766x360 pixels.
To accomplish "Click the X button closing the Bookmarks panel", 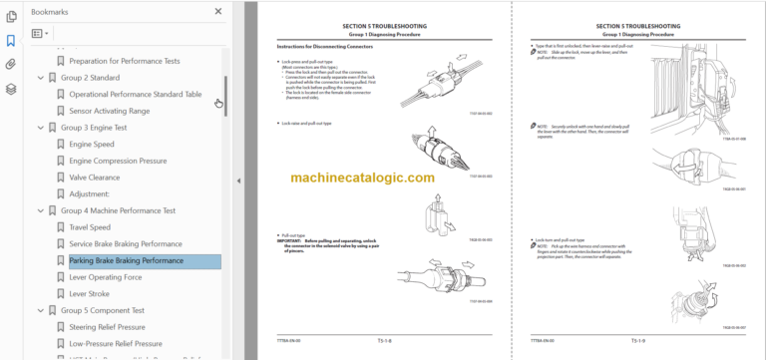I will click(x=218, y=12).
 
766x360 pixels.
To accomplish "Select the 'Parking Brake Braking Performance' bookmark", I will click(x=126, y=260).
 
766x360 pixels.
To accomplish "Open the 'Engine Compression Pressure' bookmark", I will click(x=117, y=161).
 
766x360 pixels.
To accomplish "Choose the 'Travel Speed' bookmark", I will click(x=90, y=227).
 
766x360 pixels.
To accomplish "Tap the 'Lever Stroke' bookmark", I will click(x=90, y=293).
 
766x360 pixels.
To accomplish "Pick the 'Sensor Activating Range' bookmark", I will click(x=111, y=111).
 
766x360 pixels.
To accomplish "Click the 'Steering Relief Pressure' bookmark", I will click(x=107, y=327).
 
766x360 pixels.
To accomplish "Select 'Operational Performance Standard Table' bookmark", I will click(x=135, y=94).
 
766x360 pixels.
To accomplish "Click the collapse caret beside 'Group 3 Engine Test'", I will click(x=41, y=128).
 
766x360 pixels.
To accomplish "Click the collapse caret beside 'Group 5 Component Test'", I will click(x=41, y=310).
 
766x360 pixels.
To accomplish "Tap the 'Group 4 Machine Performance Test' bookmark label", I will click(x=118, y=210).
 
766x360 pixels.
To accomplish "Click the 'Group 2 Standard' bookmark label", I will click(x=91, y=78).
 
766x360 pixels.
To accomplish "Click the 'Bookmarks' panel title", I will click(x=50, y=12).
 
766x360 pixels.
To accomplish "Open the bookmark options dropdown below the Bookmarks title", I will click(x=40, y=33).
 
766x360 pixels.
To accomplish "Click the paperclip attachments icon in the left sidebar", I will click(x=11, y=64).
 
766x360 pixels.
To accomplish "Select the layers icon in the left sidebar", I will click(x=11, y=89).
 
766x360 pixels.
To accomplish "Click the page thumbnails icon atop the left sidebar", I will click(x=11, y=17).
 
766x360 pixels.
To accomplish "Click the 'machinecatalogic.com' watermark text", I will click(x=363, y=178).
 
